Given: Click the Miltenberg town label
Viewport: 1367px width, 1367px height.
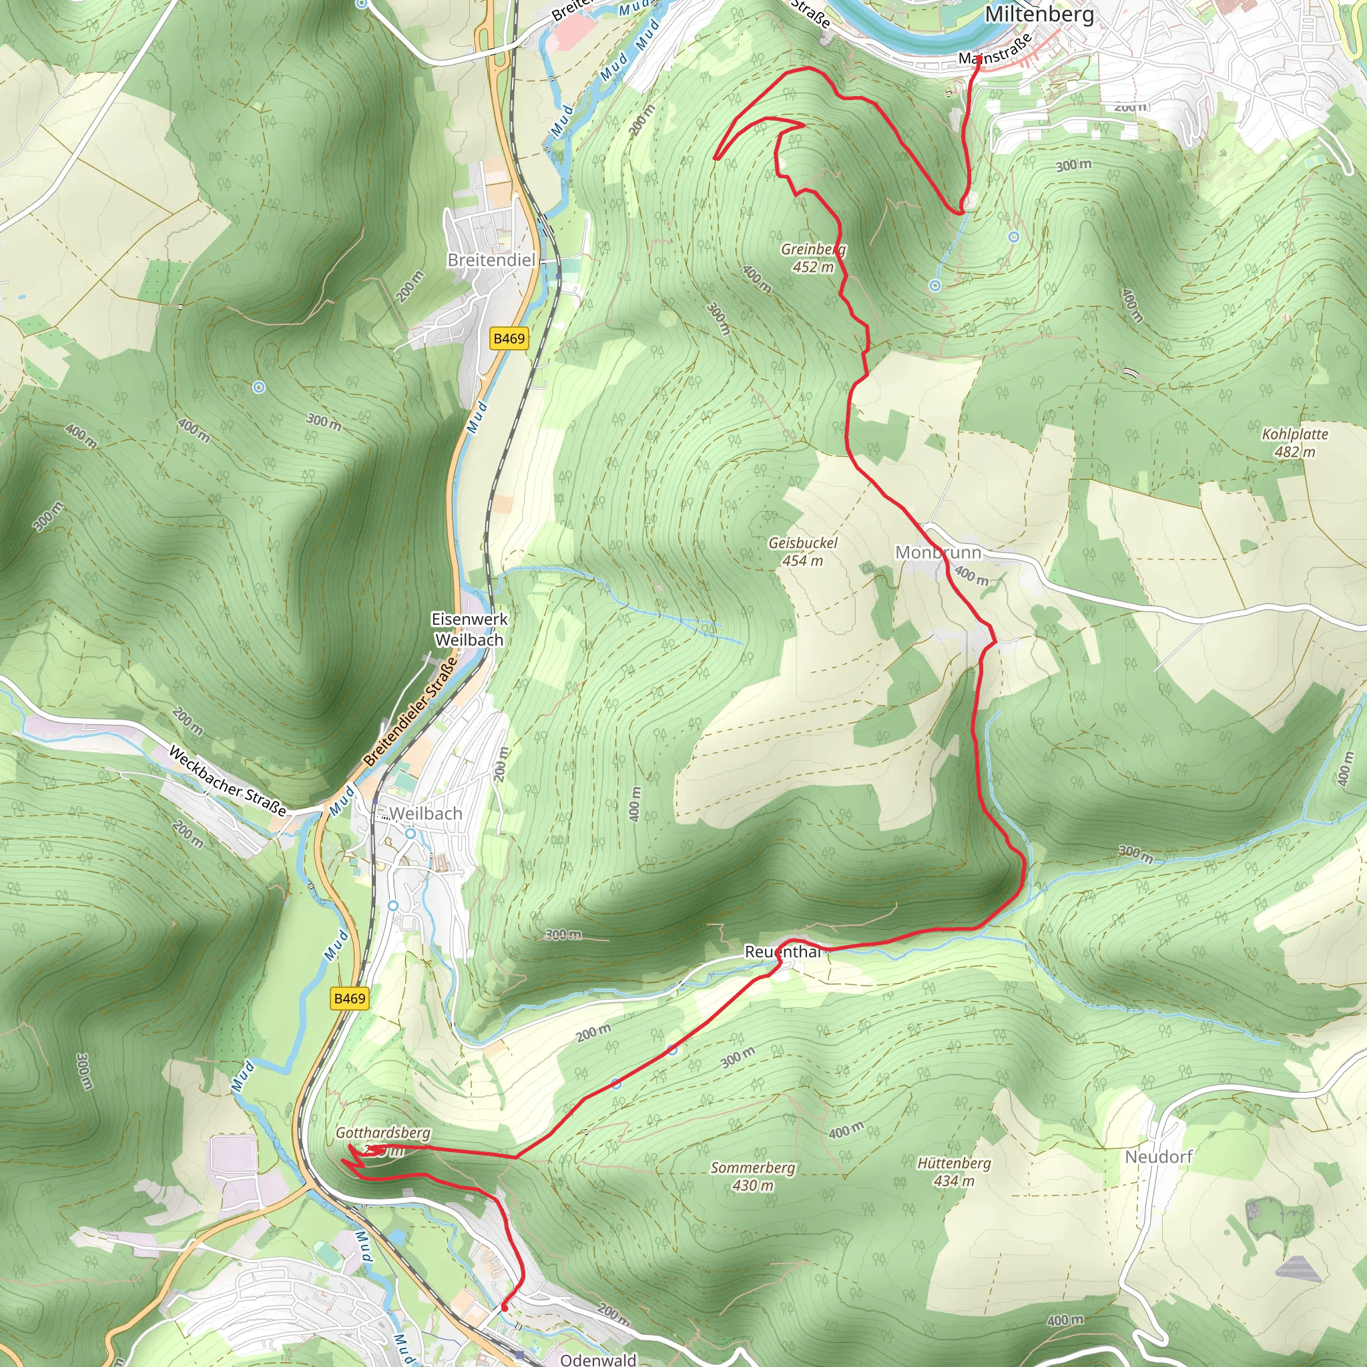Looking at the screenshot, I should click(1039, 14).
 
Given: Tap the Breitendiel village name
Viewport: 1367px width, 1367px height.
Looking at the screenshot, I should click(491, 260).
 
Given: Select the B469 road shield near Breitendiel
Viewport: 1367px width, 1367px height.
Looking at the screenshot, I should click(509, 338).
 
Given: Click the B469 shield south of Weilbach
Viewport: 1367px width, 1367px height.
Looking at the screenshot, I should click(350, 999).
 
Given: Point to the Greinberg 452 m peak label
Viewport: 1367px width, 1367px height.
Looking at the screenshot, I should click(813, 258).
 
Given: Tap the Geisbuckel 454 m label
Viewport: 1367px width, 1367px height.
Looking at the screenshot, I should click(802, 551).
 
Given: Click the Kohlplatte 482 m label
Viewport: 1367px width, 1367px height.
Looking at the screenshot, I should click(1295, 443).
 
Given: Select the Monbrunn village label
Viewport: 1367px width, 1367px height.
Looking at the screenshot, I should click(938, 552).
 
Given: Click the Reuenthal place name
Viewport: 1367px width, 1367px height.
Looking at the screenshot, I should click(782, 952).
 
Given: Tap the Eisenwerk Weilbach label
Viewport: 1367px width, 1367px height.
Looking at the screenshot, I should click(470, 629).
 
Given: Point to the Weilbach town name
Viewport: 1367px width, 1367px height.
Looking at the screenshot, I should click(425, 814).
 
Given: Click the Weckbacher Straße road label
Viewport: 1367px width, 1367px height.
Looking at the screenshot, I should click(228, 781).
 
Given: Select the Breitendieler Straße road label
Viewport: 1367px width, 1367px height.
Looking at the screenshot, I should click(411, 712).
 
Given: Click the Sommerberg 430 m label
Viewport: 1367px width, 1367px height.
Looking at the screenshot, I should click(753, 1176).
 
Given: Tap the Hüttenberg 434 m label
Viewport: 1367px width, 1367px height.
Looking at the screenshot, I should click(954, 1171).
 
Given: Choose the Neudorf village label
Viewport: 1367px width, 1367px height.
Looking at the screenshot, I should click(1158, 1157).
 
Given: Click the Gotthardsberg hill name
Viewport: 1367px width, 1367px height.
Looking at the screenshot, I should click(382, 1133).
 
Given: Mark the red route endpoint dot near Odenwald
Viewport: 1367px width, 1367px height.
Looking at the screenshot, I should click(505, 1307).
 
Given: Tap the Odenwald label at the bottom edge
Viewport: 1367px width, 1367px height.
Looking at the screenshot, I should click(598, 1359).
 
